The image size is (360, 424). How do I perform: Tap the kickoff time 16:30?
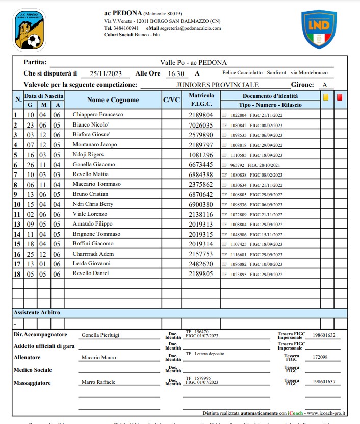click(175, 73)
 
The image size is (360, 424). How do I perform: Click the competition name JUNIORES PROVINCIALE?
click(217, 85)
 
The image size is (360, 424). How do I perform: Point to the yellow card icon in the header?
click(326, 96)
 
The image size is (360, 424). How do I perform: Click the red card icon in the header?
click(340, 96)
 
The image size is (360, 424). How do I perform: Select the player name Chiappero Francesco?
click(98, 115)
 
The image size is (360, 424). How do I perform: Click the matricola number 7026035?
click(200, 124)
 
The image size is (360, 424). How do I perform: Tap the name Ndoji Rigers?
click(88, 155)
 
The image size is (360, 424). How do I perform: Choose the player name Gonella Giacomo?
click(94, 164)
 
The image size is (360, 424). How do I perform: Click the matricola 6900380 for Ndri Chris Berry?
click(200, 204)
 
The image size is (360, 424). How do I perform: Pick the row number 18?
click(16, 273)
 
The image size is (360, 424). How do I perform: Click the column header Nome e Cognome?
click(113, 100)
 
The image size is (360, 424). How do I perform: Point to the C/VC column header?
click(171, 100)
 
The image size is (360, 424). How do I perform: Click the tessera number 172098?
click(320, 357)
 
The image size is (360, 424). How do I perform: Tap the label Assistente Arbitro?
click(37, 312)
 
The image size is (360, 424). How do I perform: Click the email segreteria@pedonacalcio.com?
click(184, 28)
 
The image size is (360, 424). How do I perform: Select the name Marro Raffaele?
click(98, 382)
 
